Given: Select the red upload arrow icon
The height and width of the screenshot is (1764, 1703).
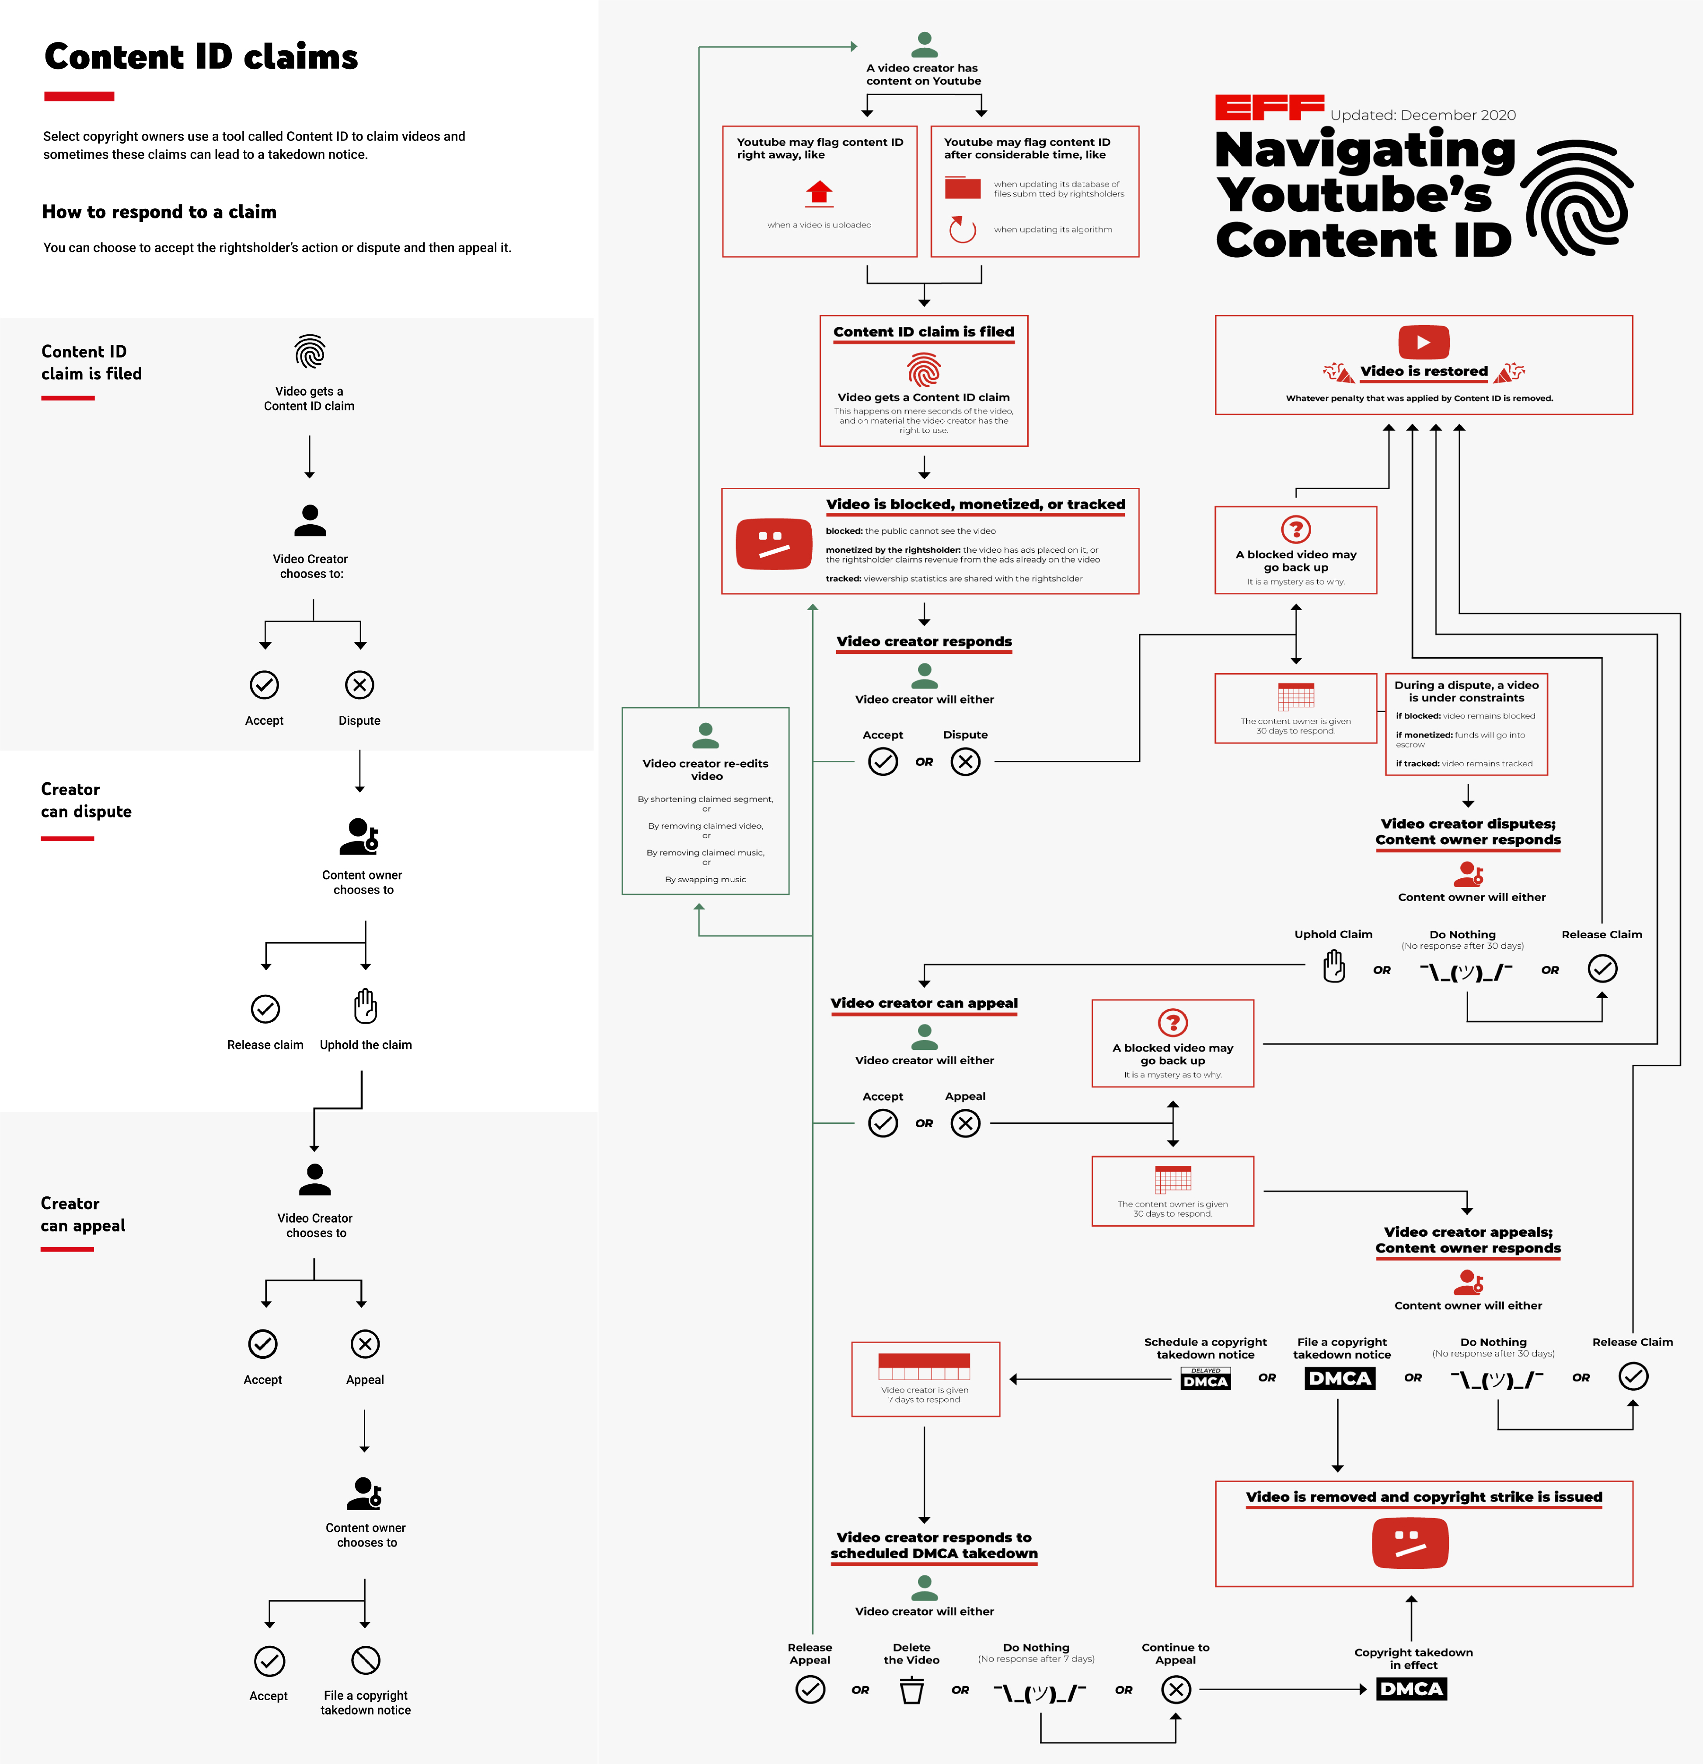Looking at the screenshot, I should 819,192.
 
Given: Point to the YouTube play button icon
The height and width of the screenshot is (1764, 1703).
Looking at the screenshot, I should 1423,342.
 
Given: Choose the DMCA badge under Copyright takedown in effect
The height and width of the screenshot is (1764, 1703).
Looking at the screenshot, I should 1410,1689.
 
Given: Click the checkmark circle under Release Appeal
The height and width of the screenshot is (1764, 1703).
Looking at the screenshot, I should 810,1689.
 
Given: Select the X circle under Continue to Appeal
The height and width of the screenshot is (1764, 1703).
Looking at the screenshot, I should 1176,1689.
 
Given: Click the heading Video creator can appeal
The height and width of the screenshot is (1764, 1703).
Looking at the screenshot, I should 924,1003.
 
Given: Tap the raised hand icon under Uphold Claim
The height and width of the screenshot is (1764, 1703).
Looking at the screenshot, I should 1333,968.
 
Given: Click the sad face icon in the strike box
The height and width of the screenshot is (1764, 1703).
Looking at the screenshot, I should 1410,1543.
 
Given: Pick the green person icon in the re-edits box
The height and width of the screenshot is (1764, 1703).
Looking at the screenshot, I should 705,735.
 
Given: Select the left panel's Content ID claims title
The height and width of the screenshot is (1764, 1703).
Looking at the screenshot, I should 201,57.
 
